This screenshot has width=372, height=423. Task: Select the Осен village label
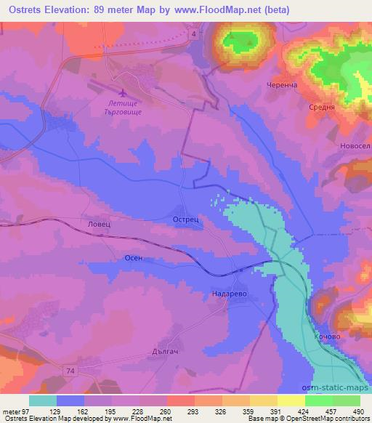(x=134, y=258)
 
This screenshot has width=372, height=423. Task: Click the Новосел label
(x=355, y=145)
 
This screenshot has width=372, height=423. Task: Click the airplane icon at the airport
(x=122, y=93)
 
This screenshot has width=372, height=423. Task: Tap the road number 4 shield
(x=195, y=35)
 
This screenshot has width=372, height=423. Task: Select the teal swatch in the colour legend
(x=43, y=400)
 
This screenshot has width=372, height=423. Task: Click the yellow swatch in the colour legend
(x=291, y=400)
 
